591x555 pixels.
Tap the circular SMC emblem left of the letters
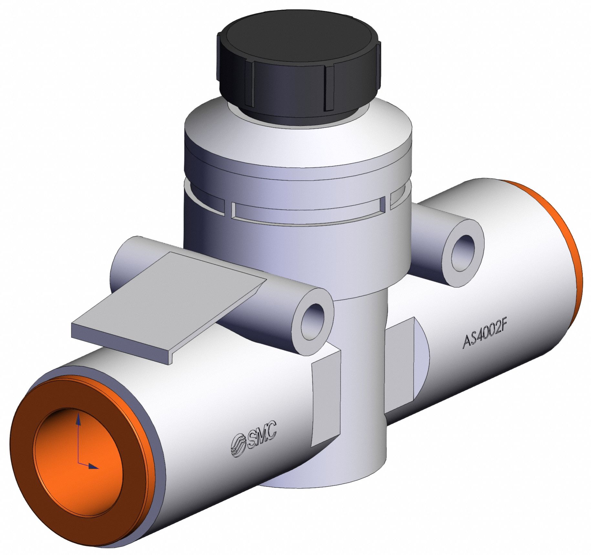(x=238, y=446)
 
